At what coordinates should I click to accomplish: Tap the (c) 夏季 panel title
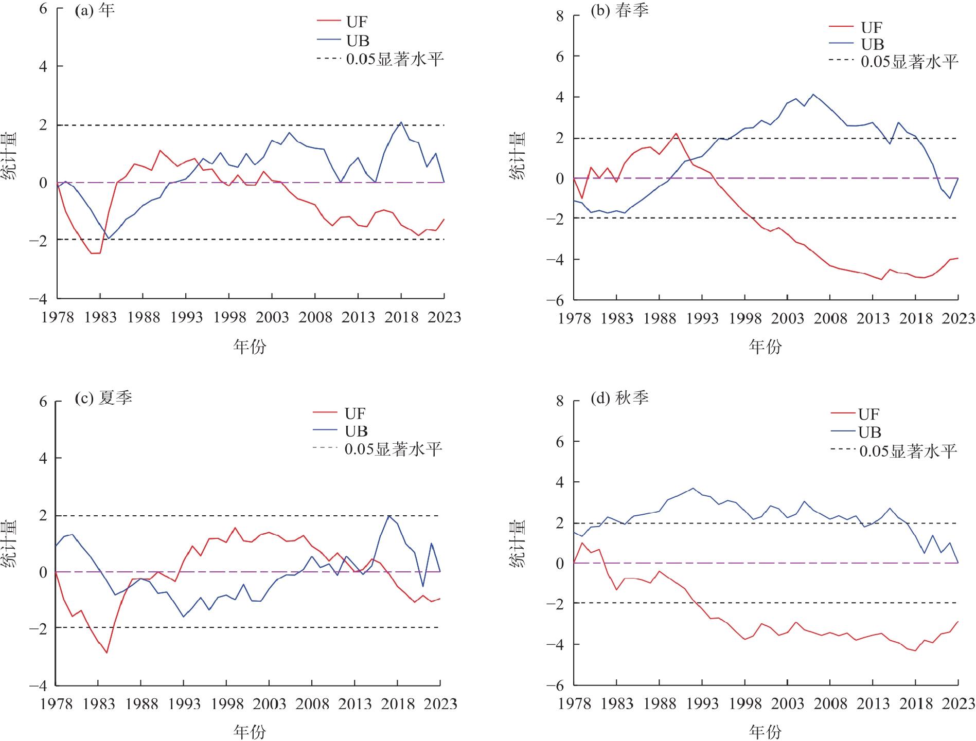tap(103, 397)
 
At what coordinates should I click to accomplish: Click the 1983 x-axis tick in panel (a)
tap(101, 317)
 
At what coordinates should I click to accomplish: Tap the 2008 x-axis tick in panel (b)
tap(830, 319)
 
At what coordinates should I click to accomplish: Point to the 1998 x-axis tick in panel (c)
tap(227, 703)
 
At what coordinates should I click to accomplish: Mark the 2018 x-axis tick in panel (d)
tap(916, 703)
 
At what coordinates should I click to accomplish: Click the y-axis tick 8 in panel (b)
tap(560, 16)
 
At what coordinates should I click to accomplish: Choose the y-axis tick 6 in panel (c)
tap(43, 402)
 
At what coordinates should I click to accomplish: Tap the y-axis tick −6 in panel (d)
tap(555, 685)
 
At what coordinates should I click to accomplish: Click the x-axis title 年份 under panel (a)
tap(250, 347)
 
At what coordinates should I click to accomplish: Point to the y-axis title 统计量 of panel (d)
tap(518, 544)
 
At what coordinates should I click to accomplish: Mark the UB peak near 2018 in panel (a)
tap(401, 122)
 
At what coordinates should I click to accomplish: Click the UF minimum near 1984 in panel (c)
tap(107, 653)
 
